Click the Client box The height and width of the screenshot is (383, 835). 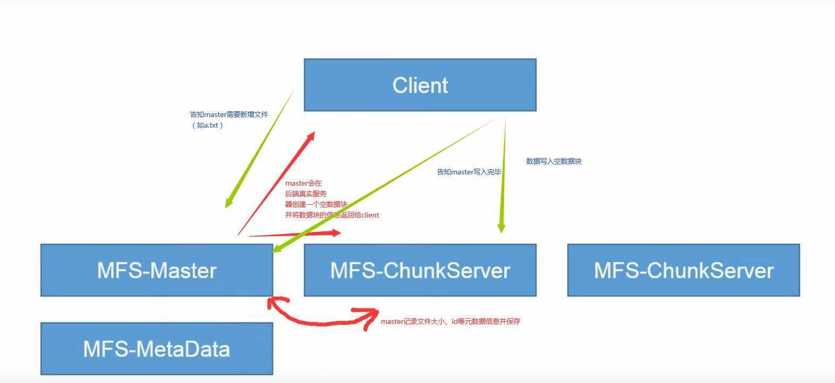(420, 85)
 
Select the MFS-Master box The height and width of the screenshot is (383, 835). (157, 270)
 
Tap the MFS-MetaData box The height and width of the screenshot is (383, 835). (157, 349)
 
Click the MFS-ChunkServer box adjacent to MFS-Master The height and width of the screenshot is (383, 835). (420, 270)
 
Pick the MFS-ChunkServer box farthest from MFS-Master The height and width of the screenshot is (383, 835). (683, 270)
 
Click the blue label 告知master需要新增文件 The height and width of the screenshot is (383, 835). (229, 114)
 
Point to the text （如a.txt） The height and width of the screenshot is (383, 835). (207, 126)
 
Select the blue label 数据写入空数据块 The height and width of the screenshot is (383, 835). (553, 161)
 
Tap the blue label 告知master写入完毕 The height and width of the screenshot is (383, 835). (469, 172)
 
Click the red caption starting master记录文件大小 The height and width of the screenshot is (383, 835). (450, 321)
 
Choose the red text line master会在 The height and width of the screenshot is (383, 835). (303, 183)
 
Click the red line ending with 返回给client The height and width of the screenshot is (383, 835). (332, 215)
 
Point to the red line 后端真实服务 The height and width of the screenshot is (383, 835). (306, 194)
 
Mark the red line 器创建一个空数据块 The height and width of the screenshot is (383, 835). (316, 204)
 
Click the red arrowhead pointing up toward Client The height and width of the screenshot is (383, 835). (311, 136)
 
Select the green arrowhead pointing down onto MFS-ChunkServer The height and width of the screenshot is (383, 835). (501, 228)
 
